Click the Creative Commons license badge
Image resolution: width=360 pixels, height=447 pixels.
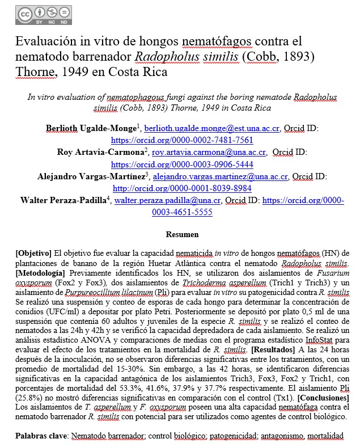[x=39, y=16]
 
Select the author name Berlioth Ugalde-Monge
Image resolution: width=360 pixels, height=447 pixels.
[x=94, y=129]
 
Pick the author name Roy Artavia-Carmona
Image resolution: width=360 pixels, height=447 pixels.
[x=100, y=152]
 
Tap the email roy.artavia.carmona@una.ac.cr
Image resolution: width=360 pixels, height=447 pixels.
[x=209, y=153]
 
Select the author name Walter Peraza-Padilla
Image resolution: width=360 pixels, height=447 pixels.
[x=63, y=200]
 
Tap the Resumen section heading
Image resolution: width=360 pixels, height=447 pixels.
[x=181, y=234]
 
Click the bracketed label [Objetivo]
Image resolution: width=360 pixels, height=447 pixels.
[x=34, y=252]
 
